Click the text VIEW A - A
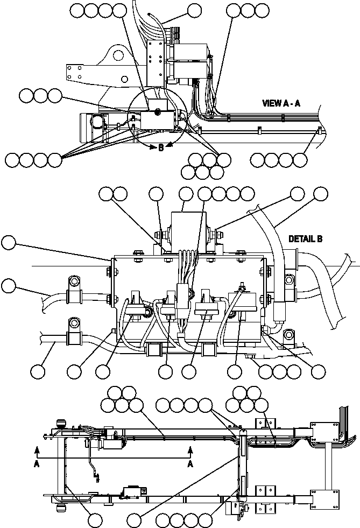285,103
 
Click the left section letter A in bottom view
37,463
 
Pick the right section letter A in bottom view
189,463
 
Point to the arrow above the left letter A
37,449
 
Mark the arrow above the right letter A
189,449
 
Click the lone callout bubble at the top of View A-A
193,10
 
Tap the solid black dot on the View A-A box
158,111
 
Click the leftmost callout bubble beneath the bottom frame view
95,519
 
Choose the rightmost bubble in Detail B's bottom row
319,371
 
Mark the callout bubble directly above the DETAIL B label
321,194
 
